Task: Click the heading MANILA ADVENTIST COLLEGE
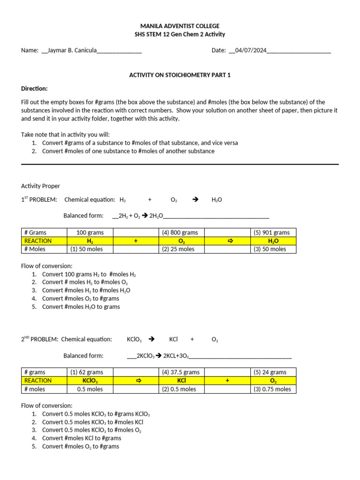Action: click(180, 26)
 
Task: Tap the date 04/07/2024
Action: click(249, 51)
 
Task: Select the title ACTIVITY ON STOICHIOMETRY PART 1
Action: click(180, 75)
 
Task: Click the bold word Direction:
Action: click(34, 89)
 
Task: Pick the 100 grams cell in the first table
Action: click(90, 232)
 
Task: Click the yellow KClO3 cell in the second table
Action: click(90, 381)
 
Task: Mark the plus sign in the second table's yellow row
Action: click(227, 381)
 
